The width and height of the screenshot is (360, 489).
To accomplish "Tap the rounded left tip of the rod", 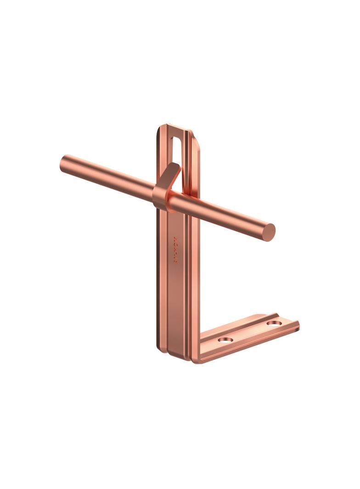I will click(63, 163).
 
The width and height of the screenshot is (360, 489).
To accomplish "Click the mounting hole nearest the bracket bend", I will click(225, 340).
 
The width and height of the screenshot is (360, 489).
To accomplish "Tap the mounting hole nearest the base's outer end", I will click(274, 323).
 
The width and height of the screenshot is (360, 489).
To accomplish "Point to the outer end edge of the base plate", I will click(297, 326).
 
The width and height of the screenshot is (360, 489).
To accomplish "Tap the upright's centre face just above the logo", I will click(175, 225).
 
